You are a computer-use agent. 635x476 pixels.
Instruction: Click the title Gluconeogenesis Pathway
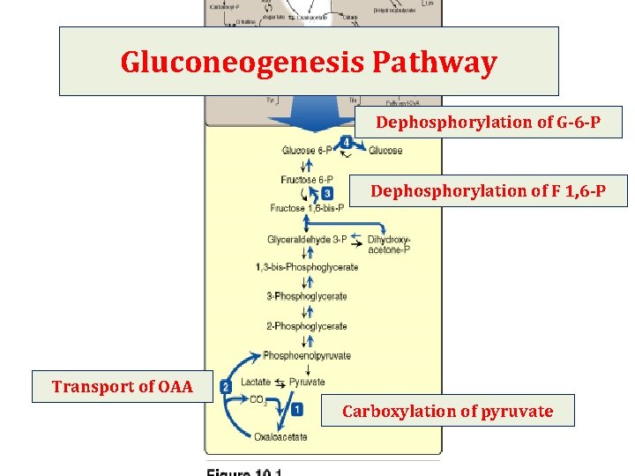(x=309, y=62)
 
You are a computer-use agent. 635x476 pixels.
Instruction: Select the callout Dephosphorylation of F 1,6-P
(x=488, y=191)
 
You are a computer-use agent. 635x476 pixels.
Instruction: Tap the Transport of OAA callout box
(x=123, y=387)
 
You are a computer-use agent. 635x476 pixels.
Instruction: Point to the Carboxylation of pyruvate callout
(x=447, y=412)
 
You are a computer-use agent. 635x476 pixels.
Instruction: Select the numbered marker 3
(x=327, y=193)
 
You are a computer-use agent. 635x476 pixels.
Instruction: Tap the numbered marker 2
(x=226, y=387)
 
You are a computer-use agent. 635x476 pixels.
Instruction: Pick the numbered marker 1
(x=297, y=409)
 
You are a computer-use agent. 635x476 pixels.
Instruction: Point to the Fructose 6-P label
(x=306, y=180)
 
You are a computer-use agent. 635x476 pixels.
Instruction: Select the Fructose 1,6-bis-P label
(x=306, y=209)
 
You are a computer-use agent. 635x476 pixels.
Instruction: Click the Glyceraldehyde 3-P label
(x=307, y=240)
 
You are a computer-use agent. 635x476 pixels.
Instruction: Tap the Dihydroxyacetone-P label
(x=389, y=245)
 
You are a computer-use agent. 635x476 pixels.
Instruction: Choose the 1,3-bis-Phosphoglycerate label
(x=307, y=267)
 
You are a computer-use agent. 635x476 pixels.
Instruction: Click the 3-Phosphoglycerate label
(x=307, y=296)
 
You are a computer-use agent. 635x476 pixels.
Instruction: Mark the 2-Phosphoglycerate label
(x=307, y=326)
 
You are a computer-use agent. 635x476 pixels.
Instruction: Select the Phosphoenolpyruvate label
(x=307, y=356)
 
